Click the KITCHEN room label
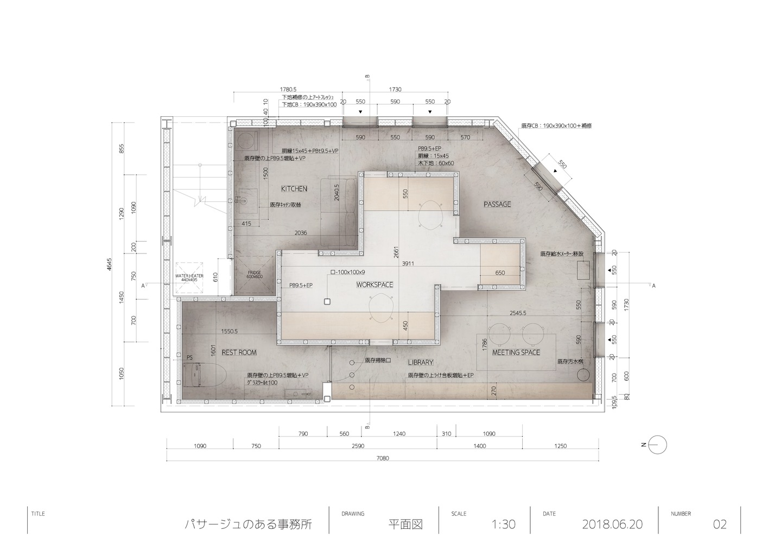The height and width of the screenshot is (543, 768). click(294, 189)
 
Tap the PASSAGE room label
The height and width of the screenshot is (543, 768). click(497, 205)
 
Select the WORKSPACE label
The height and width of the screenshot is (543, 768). click(375, 285)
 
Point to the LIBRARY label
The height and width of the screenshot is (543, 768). click(421, 362)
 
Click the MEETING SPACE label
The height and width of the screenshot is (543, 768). click(516, 352)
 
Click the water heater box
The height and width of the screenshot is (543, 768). click(189, 279)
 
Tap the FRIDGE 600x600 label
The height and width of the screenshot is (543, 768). click(255, 274)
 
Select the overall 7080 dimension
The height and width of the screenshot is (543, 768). click(383, 458)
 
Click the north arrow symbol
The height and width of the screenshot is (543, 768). click(657, 445)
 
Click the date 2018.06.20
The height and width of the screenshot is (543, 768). click(612, 525)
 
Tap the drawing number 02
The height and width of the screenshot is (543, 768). click(719, 525)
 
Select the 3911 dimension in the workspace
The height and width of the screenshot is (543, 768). click(408, 264)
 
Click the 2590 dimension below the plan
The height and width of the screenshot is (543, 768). click(358, 446)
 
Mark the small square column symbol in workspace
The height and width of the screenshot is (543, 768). click(327, 301)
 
